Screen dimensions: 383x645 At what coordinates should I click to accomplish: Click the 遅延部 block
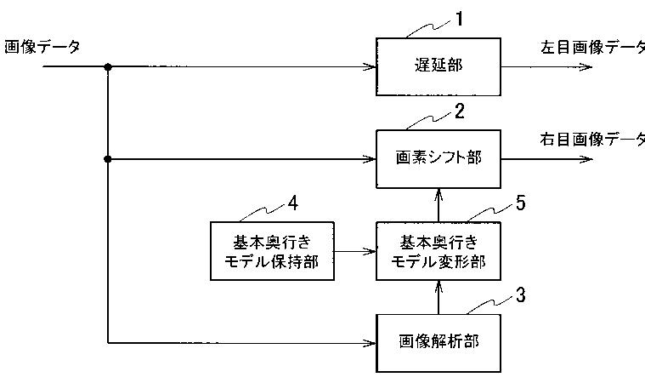click(x=438, y=66)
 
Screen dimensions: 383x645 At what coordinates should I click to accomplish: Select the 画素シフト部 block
click(x=438, y=158)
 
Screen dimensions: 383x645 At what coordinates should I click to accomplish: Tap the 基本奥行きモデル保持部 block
click(x=272, y=250)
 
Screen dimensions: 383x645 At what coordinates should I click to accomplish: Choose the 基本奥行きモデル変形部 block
click(x=438, y=250)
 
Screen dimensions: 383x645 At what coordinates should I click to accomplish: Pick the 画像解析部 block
click(x=438, y=342)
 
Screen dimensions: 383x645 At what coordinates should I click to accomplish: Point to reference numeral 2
click(x=460, y=111)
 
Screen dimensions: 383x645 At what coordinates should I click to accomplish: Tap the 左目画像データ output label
click(x=592, y=48)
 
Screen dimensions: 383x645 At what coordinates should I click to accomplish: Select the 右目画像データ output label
click(x=592, y=139)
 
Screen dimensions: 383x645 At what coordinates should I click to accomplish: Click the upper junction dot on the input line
click(x=108, y=66)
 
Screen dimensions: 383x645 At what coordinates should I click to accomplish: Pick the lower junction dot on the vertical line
click(x=108, y=158)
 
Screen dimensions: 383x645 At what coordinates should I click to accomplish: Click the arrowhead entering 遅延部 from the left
click(x=371, y=66)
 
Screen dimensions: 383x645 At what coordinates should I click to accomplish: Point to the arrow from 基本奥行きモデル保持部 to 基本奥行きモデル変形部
click(x=356, y=250)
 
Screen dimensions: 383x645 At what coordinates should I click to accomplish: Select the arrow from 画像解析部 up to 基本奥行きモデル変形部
click(x=438, y=298)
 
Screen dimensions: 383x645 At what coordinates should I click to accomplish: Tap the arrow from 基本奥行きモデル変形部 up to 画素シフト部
click(x=438, y=205)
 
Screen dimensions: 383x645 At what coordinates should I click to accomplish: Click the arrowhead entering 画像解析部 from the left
click(x=371, y=342)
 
